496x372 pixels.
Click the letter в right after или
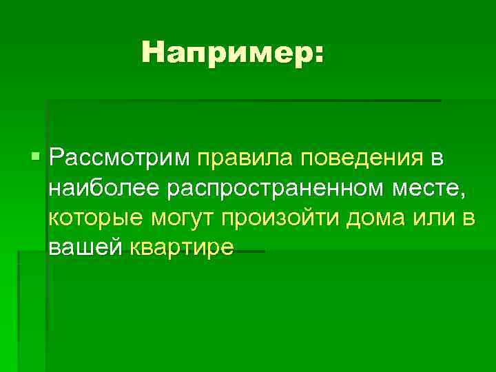[x=469, y=218]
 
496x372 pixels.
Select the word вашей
[x=85, y=247]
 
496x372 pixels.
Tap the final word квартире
[x=182, y=247]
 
